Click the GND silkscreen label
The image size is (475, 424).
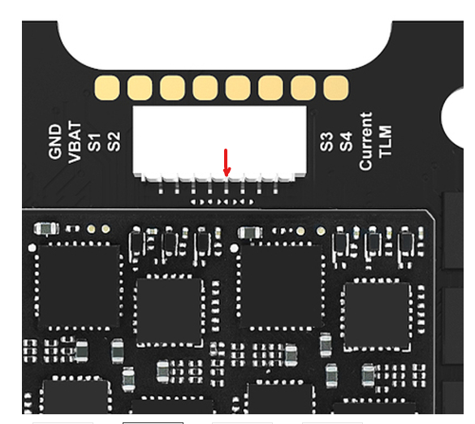(55, 141)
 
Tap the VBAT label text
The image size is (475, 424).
(75, 142)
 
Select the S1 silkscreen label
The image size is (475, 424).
(94, 142)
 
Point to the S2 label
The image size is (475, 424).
(114, 141)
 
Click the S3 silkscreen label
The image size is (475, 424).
(326, 141)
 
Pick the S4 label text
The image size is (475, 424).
(346, 141)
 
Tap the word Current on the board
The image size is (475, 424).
(365, 141)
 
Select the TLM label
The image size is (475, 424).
(385, 141)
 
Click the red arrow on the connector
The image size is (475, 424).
(227, 162)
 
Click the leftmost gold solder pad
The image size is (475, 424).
(107, 88)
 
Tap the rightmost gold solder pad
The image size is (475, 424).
(336, 88)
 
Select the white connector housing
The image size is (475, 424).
(219, 143)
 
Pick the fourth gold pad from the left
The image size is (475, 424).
(205, 88)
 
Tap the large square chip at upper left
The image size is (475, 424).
(79, 286)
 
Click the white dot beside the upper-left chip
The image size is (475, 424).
(32, 249)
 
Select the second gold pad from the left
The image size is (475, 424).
(140, 88)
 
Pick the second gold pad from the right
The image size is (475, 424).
(303, 88)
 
